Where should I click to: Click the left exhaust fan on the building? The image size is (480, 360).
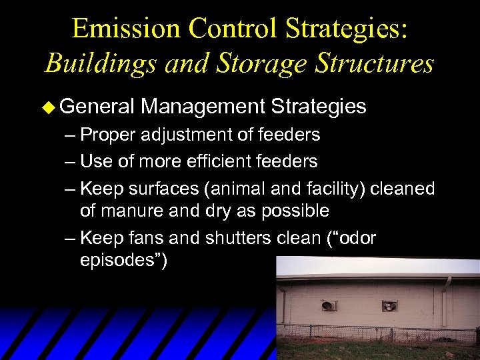tap(329, 305)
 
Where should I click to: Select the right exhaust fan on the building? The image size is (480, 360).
tap(389, 306)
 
